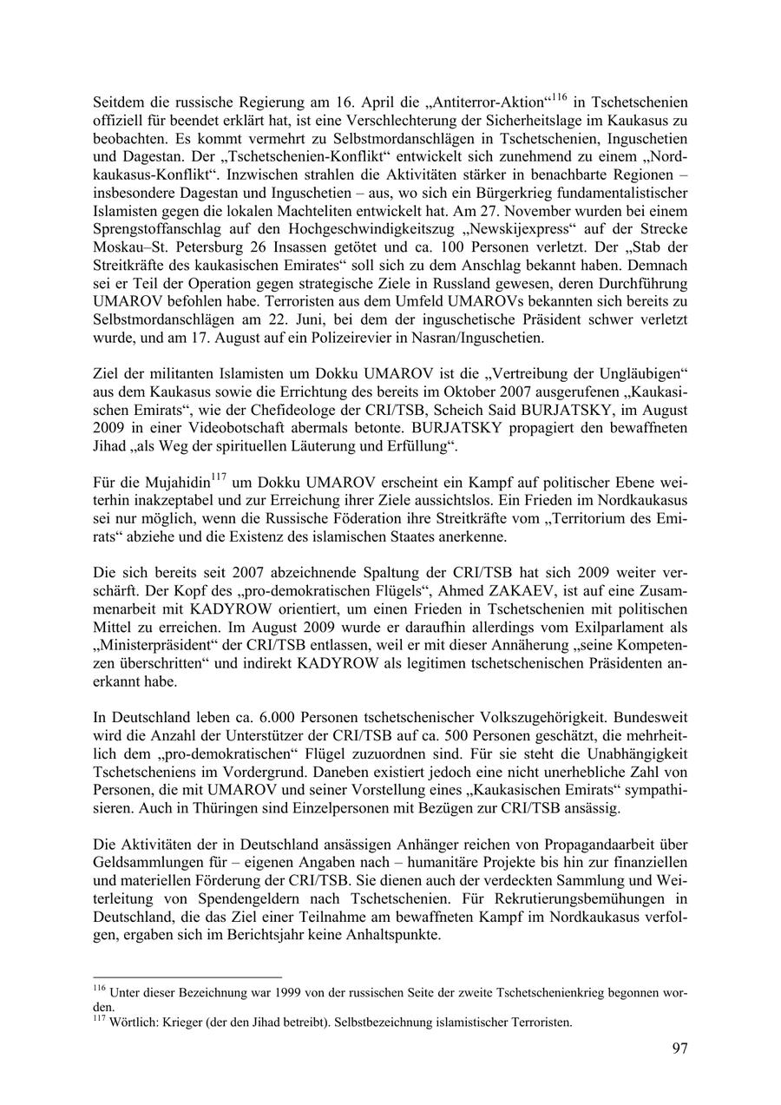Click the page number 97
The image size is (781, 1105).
679,1049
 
